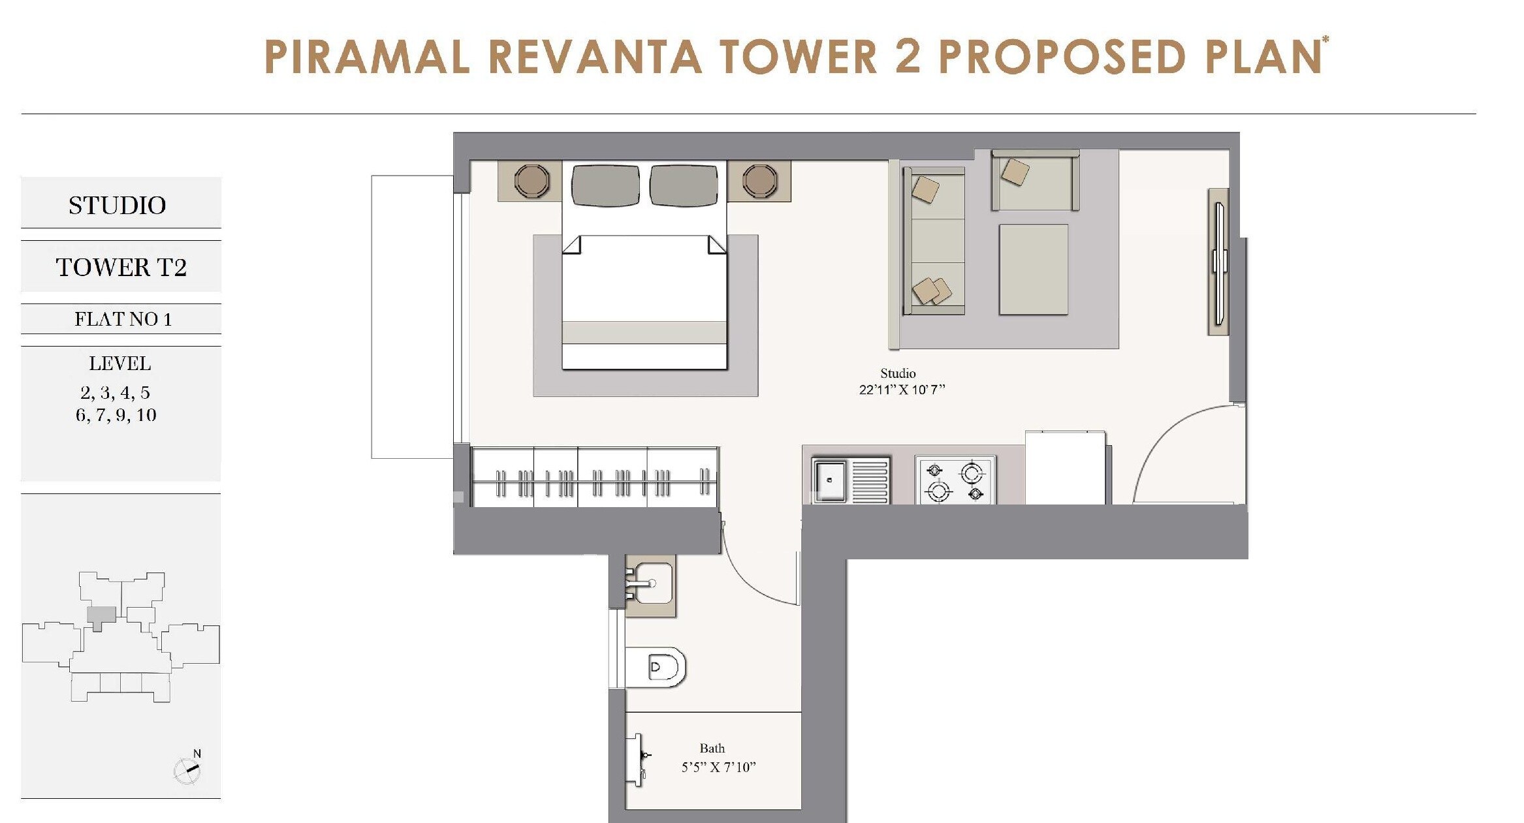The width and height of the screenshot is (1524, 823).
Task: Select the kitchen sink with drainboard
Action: (x=849, y=480)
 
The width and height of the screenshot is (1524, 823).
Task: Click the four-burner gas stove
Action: (x=955, y=480)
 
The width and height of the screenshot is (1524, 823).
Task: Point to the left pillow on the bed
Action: (x=605, y=185)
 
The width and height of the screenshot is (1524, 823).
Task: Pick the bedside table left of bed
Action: (x=531, y=180)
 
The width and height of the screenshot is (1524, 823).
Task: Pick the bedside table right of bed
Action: (x=759, y=180)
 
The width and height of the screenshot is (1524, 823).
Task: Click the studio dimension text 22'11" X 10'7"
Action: (x=902, y=390)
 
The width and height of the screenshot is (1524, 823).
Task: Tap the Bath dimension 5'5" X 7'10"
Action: (x=718, y=767)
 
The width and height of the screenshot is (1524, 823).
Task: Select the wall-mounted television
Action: (x=1219, y=262)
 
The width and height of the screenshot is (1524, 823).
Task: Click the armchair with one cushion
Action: (x=1035, y=181)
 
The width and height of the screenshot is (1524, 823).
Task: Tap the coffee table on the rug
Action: (x=1033, y=269)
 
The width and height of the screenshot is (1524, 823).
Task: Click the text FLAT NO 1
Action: (x=122, y=319)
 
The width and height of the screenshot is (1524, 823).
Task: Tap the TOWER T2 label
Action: (x=121, y=267)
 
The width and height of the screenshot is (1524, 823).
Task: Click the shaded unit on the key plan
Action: (x=101, y=615)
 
